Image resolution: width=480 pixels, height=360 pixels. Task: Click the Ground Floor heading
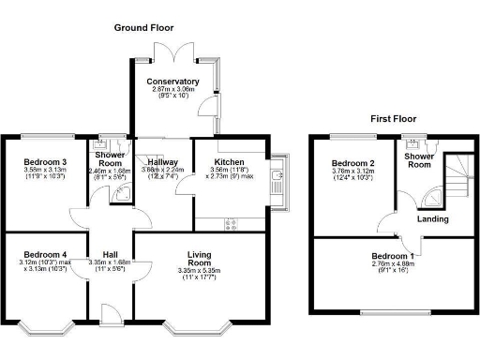144,28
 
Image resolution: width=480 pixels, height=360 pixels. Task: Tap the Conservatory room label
172,82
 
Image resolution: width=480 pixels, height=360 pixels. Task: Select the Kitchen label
230,150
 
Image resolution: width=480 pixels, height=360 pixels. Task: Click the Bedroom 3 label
45,161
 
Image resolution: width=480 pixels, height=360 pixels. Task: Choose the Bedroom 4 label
44,254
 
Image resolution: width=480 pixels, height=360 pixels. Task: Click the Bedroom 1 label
392,256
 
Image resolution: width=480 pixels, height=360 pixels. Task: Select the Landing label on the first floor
432,219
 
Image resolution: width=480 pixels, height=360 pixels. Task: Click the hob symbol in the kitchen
231,223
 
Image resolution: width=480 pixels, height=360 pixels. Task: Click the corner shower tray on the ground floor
121,195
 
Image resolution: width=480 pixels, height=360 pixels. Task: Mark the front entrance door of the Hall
111,312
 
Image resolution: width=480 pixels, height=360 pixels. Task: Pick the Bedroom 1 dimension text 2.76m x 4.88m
392,265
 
